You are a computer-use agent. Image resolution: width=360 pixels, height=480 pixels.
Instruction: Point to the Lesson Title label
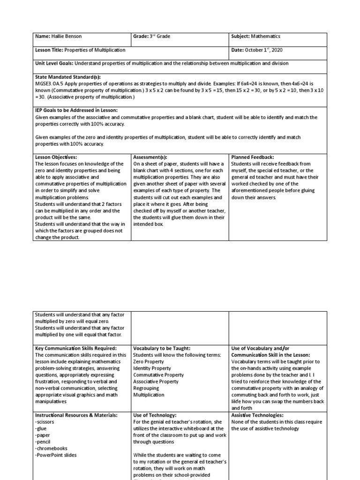[x=49, y=50]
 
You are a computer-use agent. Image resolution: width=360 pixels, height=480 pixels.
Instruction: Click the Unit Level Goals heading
[x=53, y=63]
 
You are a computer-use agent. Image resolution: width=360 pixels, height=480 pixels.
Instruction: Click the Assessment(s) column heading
[x=150, y=157]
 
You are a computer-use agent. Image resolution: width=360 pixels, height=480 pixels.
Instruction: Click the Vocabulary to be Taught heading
[x=162, y=348]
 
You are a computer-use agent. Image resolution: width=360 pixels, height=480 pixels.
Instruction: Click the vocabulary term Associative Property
[x=156, y=382]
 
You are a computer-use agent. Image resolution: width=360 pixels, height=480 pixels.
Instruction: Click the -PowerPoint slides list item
[x=56, y=455]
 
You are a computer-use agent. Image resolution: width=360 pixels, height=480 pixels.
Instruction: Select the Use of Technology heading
[x=155, y=415]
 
